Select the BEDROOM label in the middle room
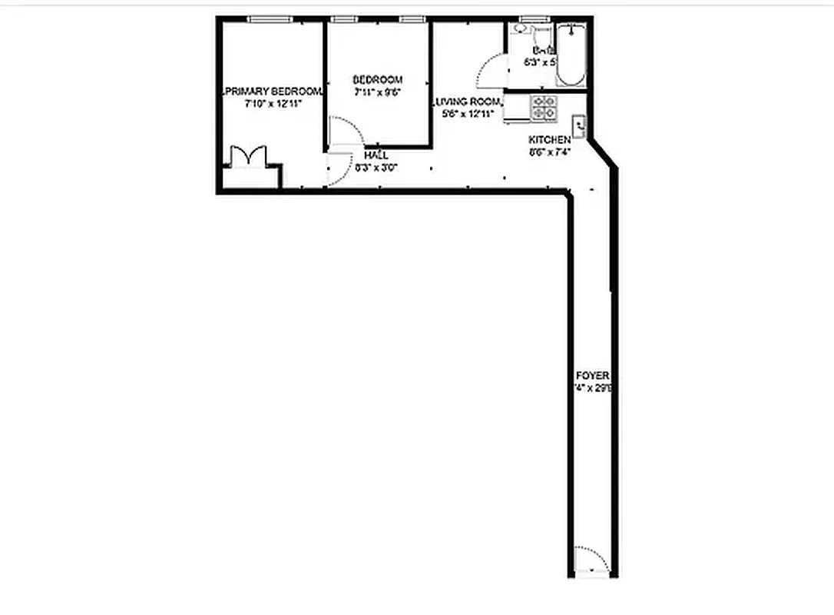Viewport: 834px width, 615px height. tap(377, 80)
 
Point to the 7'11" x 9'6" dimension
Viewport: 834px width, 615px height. tap(377, 91)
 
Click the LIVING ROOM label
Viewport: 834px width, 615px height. tap(467, 102)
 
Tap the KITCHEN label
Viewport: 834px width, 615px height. tap(549, 140)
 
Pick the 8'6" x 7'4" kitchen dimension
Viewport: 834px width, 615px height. tap(549, 151)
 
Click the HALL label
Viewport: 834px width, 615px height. tap(376, 155)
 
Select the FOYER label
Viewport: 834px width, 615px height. tap(592, 376)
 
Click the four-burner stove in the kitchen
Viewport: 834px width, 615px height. tap(544, 108)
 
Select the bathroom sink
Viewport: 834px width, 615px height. tap(521, 29)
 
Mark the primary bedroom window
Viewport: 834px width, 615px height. tap(270, 19)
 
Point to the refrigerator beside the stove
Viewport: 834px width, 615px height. tap(515, 108)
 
